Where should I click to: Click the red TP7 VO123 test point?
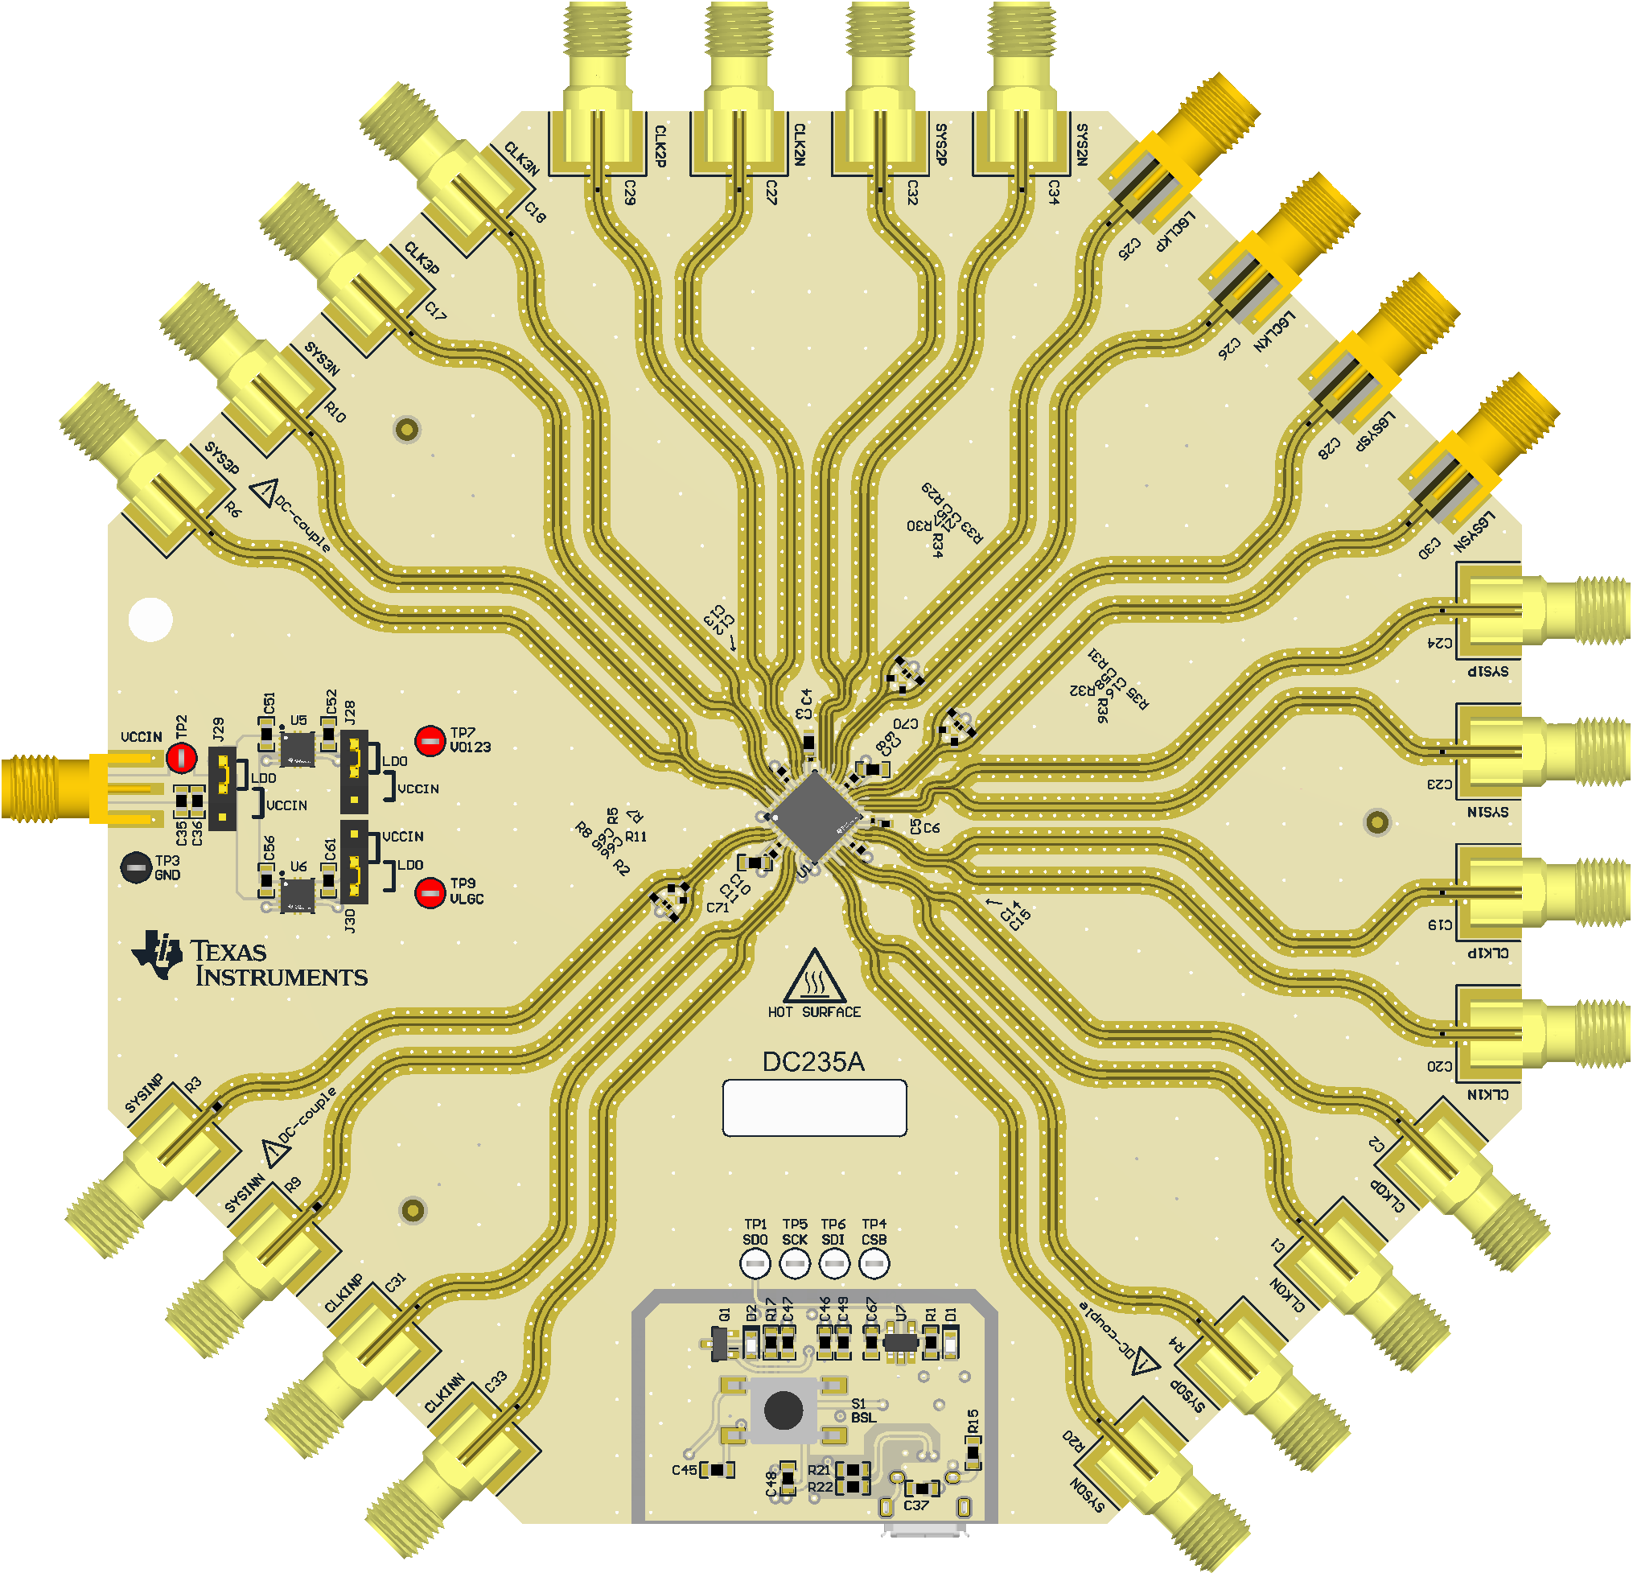click(x=430, y=740)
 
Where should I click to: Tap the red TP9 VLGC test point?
click(x=430, y=892)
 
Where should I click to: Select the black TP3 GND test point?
click(x=136, y=867)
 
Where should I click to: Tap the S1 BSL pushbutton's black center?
click(x=784, y=1410)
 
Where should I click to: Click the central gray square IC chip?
click(x=814, y=815)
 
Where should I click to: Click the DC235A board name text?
click(x=813, y=1062)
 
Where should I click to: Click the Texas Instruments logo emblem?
click(x=158, y=955)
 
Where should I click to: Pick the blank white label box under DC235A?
click(x=814, y=1108)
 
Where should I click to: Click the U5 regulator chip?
click(x=298, y=747)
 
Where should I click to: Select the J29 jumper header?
click(x=222, y=788)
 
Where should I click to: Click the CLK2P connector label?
click(x=660, y=146)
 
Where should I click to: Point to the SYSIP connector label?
click(x=1488, y=671)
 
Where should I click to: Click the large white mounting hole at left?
click(x=150, y=620)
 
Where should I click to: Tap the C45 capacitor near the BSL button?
click(x=718, y=1469)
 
